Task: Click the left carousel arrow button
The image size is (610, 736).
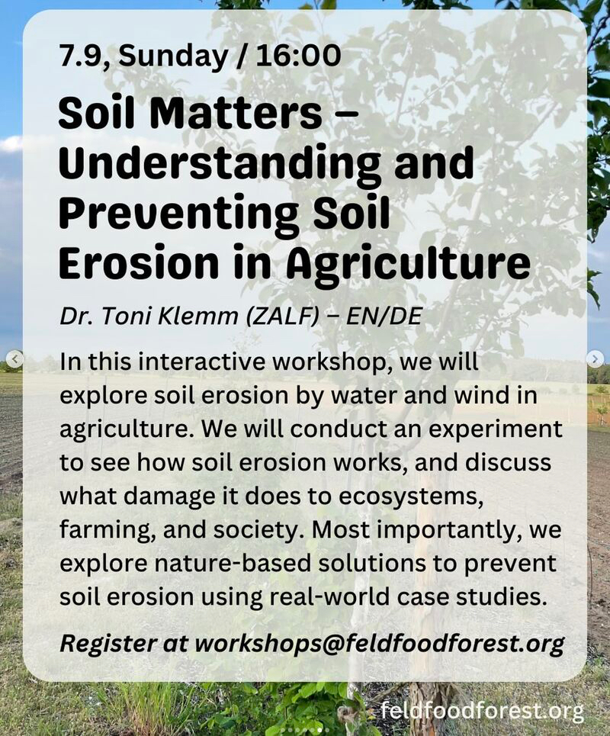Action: [x=15, y=359]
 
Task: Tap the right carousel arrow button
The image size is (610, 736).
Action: [x=595, y=359]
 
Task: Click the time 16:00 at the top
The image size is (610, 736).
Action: [x=298, y=56]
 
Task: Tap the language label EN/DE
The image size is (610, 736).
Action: [x=384, y=317]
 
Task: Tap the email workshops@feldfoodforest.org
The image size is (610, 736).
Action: [x=380, y=644]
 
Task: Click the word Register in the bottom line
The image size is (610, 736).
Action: [x=108, y=644]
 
